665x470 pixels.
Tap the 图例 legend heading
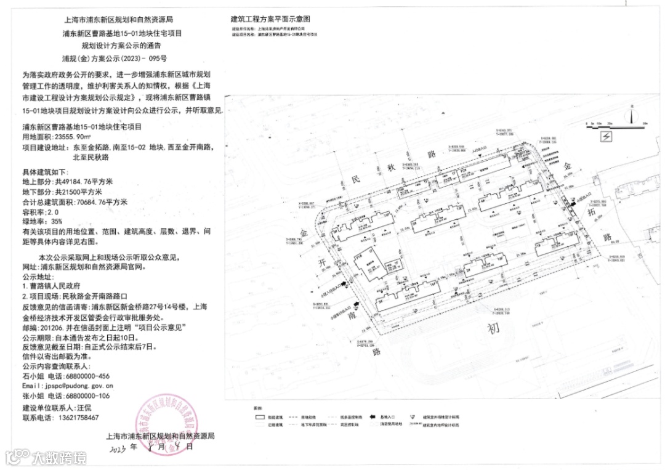[x=258, y=408]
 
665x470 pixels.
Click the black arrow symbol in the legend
[x=373, y=417]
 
